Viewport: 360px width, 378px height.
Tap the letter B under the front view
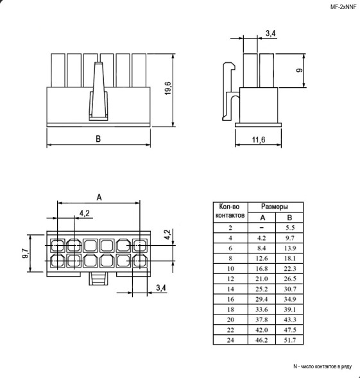pos(98,139)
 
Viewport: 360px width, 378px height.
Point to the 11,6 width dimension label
pos(259,140)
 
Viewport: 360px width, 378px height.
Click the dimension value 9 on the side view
pos(300,70)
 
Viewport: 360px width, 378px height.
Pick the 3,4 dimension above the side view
pos(271,33)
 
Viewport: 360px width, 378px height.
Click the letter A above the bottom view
pos(99,196)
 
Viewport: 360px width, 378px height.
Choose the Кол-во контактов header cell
pos(229,211)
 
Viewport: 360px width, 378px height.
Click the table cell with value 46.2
pos(261,339)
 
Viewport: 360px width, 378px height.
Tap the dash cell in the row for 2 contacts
pos(261,227)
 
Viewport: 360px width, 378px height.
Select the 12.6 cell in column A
pos(261,258)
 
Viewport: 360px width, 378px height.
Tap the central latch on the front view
pos(98,90)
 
